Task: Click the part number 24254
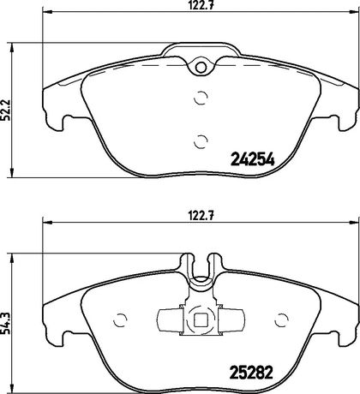coord(252,159)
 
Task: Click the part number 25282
coord(252,372)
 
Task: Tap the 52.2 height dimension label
coord(6,110)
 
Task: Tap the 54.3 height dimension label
coord(6,323)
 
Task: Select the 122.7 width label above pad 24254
coord(201,5)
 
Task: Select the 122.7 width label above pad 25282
coord(201,216)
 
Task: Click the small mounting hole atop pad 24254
coord(201,68)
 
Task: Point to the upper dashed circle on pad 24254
coord(201,98)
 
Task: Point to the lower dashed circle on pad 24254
coord(201,141)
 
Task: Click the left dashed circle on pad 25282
coord(120,320)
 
